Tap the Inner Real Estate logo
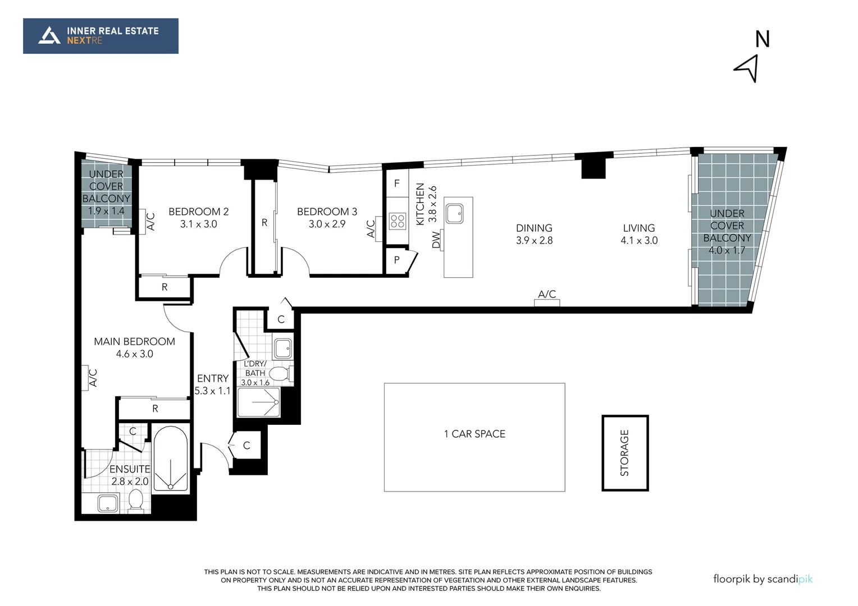(x=101, y=36)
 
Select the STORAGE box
(x=625, y=453)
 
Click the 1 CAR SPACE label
(x=474, y=434)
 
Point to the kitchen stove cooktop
(x=398, y=221)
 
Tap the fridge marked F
(x=397, y=183)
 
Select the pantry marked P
(x=397, y=260)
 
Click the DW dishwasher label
(x=436, y=240)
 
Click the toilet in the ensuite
(x=136, y=500)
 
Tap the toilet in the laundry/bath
(x=280, y=374)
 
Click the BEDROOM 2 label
(x=198, y=212)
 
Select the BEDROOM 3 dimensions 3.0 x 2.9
(x=327, y=224)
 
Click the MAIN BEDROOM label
(x=134, y=341)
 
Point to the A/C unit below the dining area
(x=547, y=302)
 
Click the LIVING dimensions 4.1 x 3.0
(x=639, y=240)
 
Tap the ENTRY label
(x=213, y=378)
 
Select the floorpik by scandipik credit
(x=763, y=579)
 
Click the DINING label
(x=534, y=228)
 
